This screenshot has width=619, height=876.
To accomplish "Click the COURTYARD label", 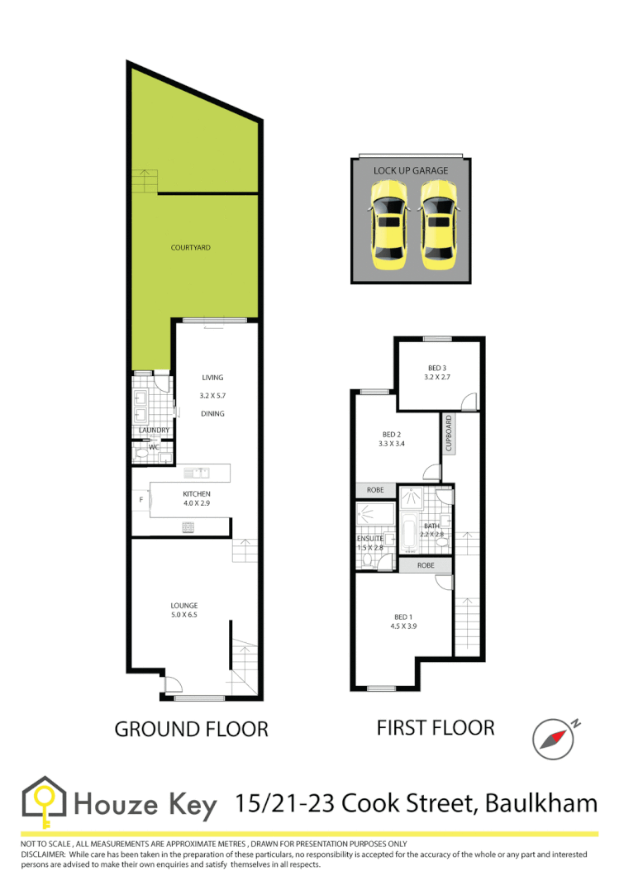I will [191, 247].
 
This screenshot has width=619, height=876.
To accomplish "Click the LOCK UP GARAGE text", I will [411, 171].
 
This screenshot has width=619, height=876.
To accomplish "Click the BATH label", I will [431, 526].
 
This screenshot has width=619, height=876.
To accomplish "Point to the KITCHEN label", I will [197, 494].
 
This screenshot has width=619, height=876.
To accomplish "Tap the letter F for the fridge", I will [141, 499].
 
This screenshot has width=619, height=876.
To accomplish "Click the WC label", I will [142, 446].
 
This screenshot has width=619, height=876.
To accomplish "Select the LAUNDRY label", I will [153, 431].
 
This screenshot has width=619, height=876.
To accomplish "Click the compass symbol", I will [553, 738].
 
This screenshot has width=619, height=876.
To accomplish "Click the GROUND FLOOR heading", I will [191, 729].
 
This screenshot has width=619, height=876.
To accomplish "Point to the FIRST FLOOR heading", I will [436, 727].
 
